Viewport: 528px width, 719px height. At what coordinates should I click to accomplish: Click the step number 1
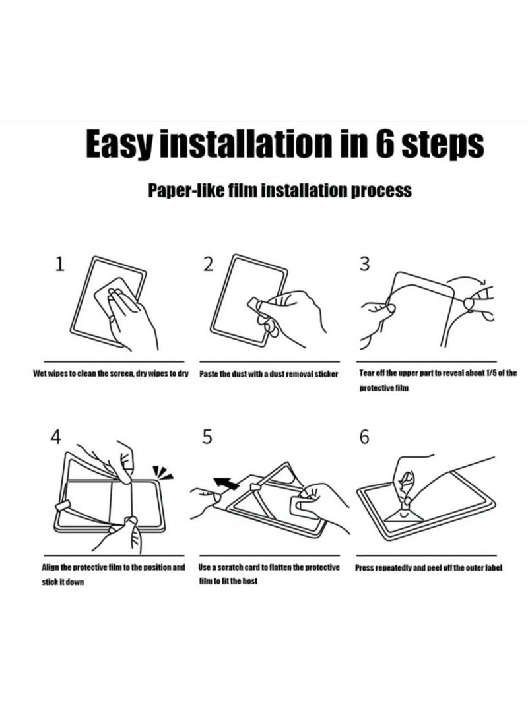coord(59,264)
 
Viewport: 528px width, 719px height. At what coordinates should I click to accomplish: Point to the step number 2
coord(209,264)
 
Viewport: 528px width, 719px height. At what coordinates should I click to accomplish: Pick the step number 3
coord(364,264)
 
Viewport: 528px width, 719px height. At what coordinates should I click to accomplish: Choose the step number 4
coord(55,437)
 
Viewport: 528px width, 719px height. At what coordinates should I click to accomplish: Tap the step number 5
coord(207,437)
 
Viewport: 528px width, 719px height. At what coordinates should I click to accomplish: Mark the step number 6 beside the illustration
coord(364,437)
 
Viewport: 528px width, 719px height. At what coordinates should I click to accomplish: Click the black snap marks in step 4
coord(162,472)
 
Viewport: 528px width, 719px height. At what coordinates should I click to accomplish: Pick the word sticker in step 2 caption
coord(326,374)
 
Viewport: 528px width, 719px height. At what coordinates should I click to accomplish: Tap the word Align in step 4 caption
coord(50,568)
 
